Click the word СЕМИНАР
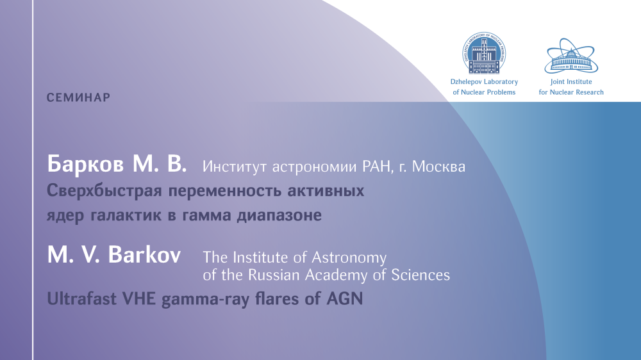[78, 97]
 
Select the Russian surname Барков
[85, 164]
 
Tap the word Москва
[438, 167]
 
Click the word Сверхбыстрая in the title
[104, 191]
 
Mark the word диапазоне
[279, 215]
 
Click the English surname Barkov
[144, 254]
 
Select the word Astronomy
[349, 258]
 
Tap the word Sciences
[420, 275]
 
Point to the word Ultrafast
[82, 299]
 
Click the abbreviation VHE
[139, 299]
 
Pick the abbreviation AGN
[345, 299]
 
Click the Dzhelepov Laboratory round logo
[484, 53]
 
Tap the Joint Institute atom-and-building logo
[570, 56]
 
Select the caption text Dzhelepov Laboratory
[484, 82]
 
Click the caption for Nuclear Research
[571, 92]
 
